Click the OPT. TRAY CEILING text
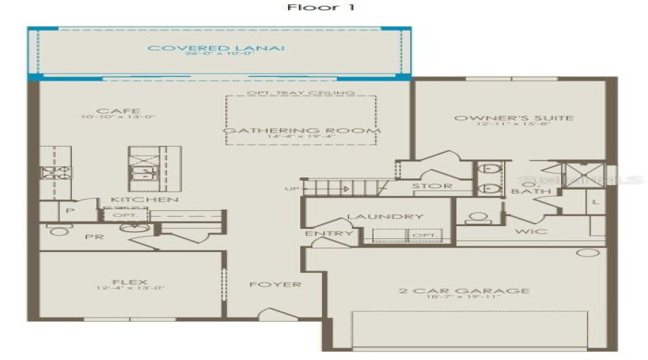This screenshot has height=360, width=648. click(x=300, y=93)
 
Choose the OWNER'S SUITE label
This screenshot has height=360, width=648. click(x=513, y=117)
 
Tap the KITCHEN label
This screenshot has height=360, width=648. click(x=144, y=199)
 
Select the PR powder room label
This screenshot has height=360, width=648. click(x=91, y=235)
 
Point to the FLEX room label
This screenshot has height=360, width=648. click(x=130, y=282)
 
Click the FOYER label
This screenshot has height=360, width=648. click(x=275, y=284)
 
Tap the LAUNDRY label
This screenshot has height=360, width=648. click(x=374, y=217)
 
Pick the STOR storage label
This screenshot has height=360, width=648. click(x=432, y=186)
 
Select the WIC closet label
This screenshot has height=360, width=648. click(x=531, y=232)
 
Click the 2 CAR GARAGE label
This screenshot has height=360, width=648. click(x=464, y=291)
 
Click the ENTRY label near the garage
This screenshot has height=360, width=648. click(x=330, y=234)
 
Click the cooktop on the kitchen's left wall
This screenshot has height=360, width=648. click(x=55, y=173)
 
